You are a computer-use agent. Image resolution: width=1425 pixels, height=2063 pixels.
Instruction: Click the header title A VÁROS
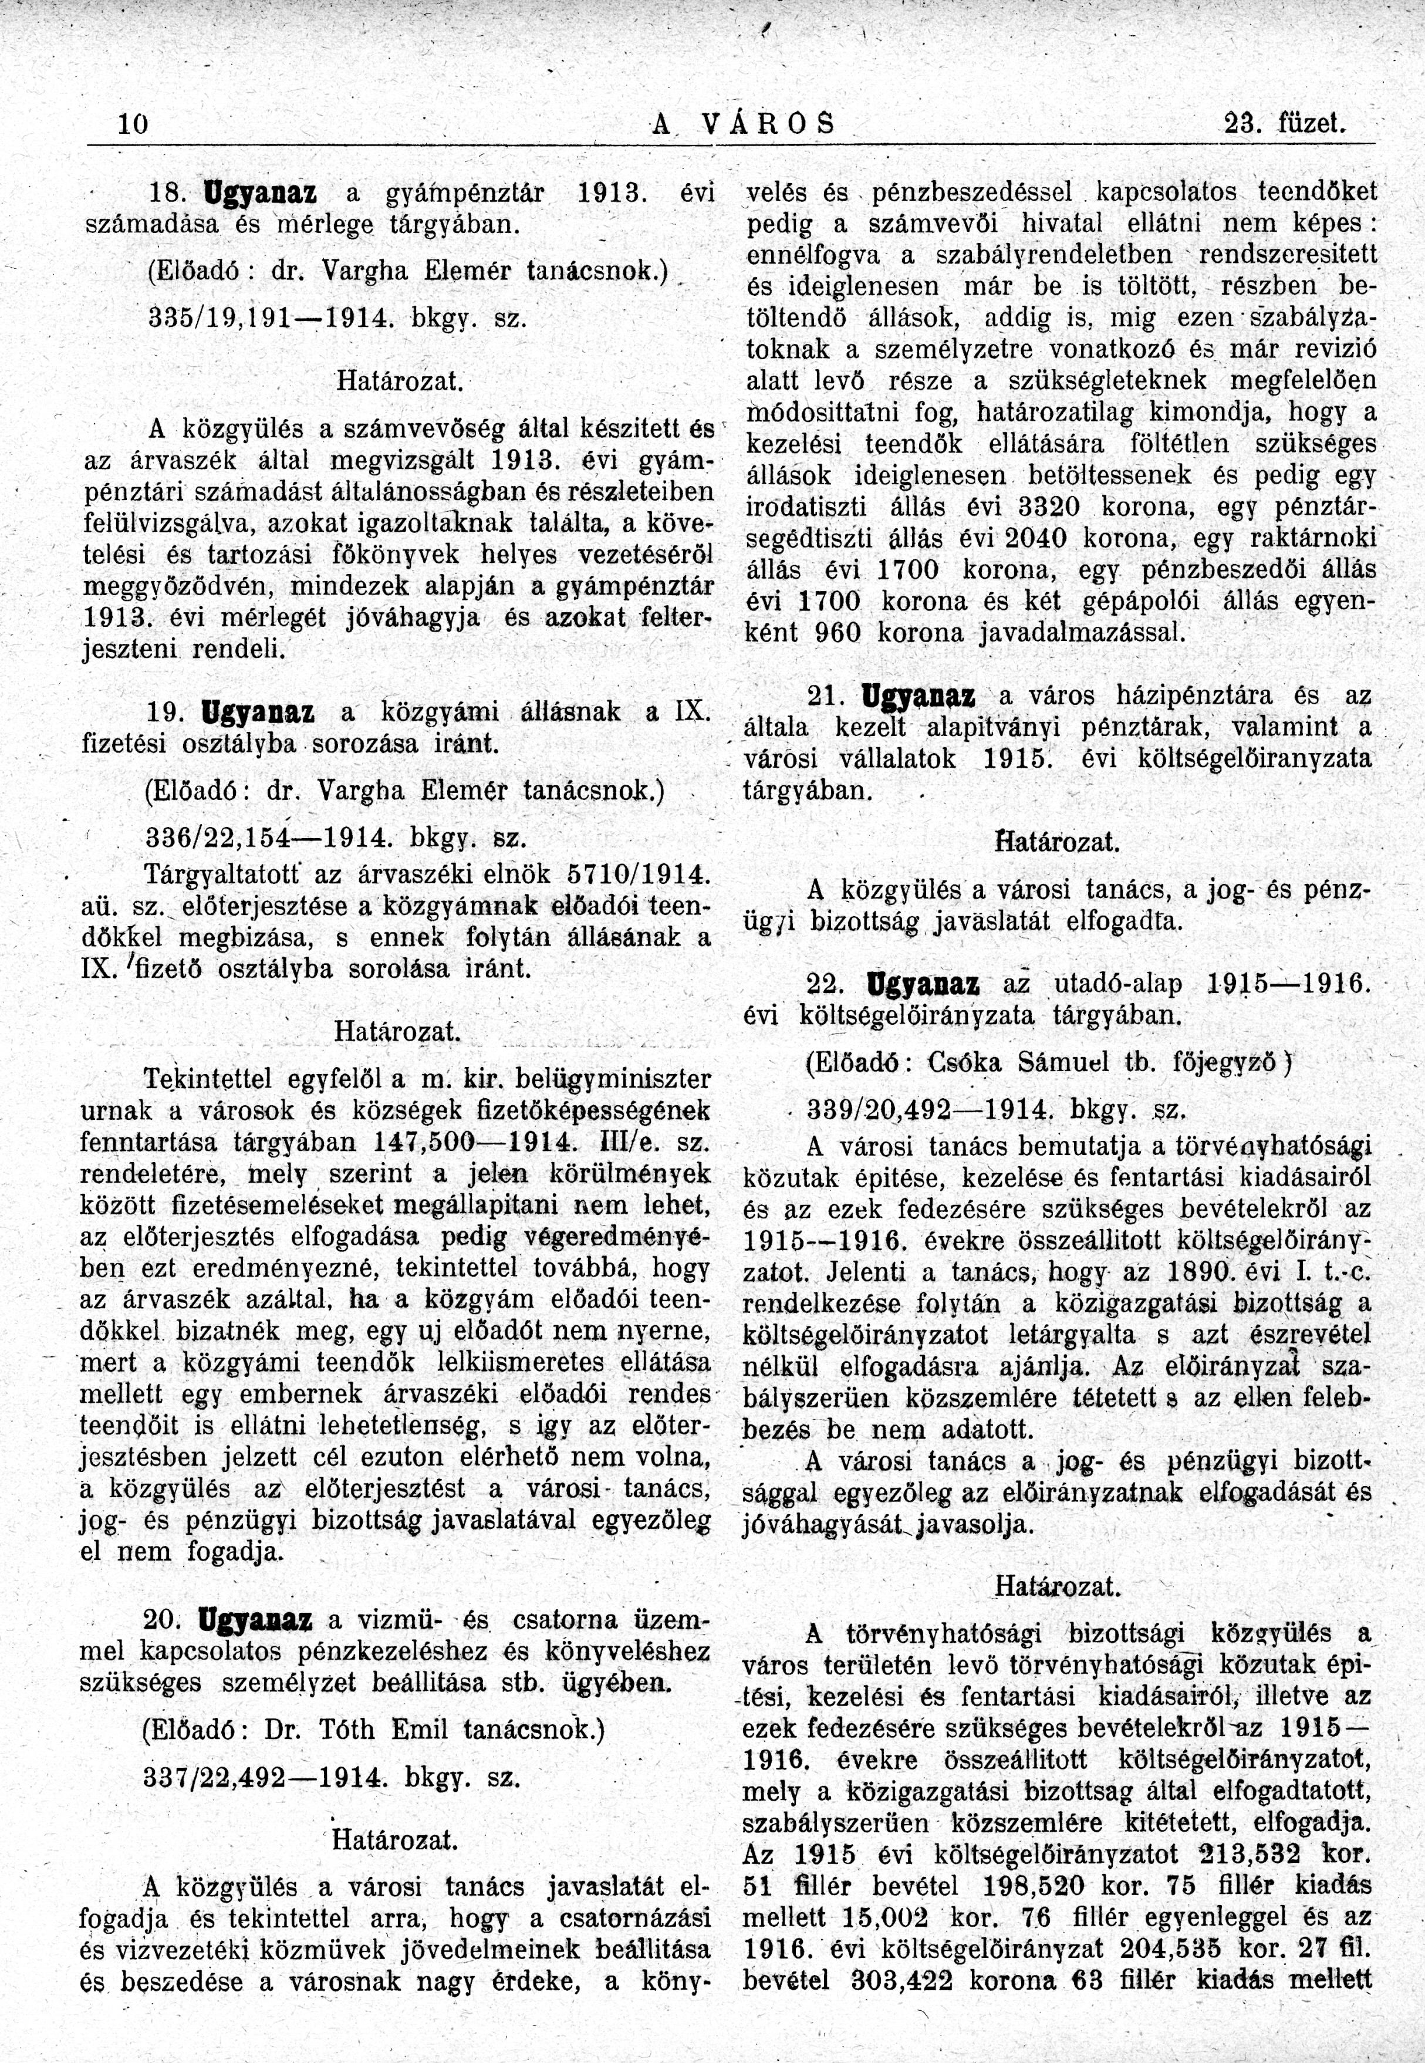click(x=743, y=123)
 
